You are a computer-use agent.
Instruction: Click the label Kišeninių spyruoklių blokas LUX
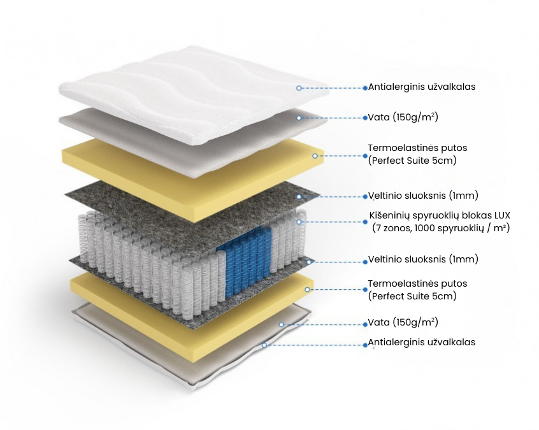pyautogui.click(x=440, y=215)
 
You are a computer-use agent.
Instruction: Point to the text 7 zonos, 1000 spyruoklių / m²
pyautogui.click(x=441, y=228)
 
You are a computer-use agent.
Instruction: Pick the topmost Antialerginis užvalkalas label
pyautogui.click(x=422, y=87)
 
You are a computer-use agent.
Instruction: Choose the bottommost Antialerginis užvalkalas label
pyautogui.click(x=422, y=342)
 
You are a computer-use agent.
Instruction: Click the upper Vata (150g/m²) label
pyautogui.click(x=403, y=117)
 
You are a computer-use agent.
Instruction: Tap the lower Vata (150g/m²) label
pyautogui.click(x=403, y=322)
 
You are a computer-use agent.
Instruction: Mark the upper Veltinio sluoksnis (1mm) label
pyautogui.click(x=423, y=195)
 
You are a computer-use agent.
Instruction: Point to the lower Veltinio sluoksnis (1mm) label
pyautogui.click(x=423, y=259)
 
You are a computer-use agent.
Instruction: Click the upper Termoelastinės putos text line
pyautogui.click(x=417, y=148)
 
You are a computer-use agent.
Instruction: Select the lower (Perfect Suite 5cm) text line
pyautogui.click(x=412, y=296)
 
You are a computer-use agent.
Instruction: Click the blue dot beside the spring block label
pyautogui.click(x=365, y=221)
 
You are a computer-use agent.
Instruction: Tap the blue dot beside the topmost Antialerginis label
pyautogui.click(x=365, y=87)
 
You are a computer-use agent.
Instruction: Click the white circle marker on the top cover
pyautogui.click(x=298, y=87)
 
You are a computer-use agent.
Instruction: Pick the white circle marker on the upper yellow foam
pyautogui.click(x=315, y=155)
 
